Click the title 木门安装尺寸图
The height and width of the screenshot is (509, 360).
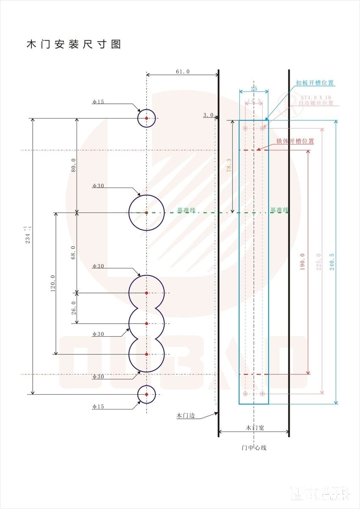point(74,44)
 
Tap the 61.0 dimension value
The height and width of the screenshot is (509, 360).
point(183,72)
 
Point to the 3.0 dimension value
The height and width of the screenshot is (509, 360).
point(208,115)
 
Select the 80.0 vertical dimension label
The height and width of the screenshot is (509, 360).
point(73,165)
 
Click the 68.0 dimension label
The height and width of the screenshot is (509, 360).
point(73,252)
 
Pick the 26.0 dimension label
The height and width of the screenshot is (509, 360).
point(73,308)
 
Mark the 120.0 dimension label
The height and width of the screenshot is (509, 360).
point(53,283)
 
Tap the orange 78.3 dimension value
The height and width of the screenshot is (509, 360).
point(229,166)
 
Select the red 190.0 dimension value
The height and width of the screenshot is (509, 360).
point(302,262)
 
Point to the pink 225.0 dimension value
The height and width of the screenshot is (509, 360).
point(318,262)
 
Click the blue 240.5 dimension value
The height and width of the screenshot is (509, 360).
point(331,262)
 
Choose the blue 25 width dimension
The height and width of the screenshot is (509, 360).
point(254,89)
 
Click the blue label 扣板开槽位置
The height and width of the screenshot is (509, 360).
point(315,83)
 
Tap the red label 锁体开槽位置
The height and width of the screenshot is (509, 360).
point(295,141)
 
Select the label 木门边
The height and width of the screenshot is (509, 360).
point(185,415)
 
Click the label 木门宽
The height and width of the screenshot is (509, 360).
point(255,428)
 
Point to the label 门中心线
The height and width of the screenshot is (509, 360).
point(254,447)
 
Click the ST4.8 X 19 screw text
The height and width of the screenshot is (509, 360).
point(316,97)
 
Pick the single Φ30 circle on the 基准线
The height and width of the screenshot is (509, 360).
point(147,213)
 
